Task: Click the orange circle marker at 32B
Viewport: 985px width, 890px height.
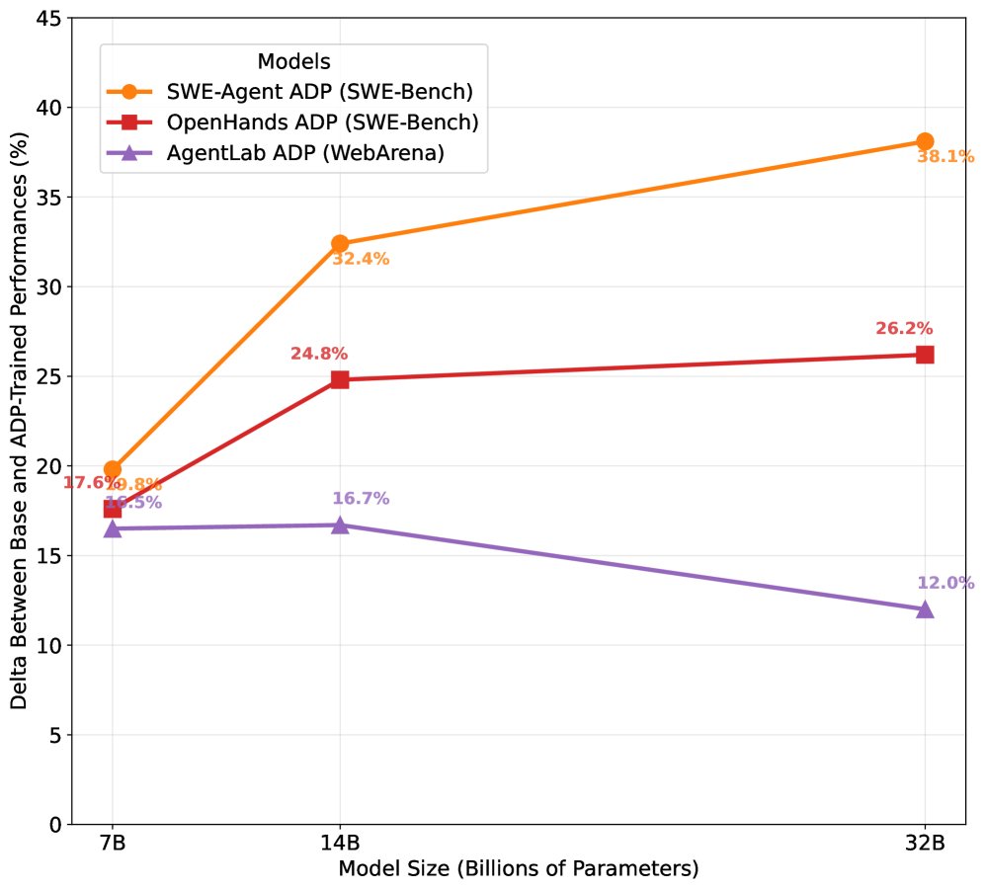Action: [x=925, y=141]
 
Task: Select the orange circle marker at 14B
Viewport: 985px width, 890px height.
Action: [x=340, y=244]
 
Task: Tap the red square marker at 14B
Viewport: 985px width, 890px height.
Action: [x=340, y=379]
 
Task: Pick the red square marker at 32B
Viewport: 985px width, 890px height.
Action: [x=925, y=355]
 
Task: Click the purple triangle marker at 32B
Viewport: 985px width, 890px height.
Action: [x=925, y=608]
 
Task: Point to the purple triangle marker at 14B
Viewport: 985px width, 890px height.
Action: [x=340, y=525]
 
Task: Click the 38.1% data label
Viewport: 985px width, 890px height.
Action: [x=945, y=156]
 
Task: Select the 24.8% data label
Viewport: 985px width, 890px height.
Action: [x=318, y=354]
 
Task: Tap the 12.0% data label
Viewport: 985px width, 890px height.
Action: [x=945, y=583]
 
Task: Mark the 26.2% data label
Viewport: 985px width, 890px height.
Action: [x=904, y=329]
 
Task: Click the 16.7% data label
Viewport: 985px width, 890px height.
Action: [x=361, y=499]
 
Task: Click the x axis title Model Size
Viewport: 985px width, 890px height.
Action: [x=518, y=870]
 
